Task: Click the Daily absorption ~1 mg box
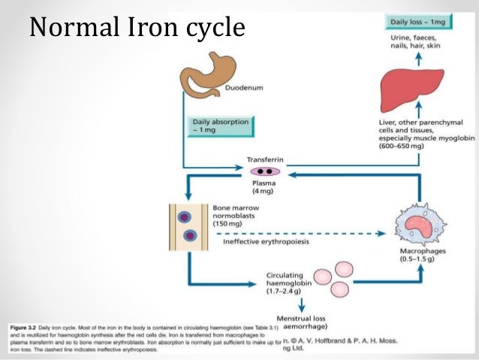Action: (x=219, y=126)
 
